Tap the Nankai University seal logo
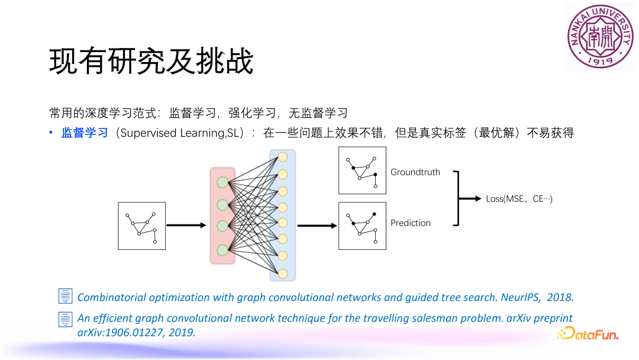coord(599,36)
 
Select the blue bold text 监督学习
coord(85,133)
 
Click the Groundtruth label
coord(415,172)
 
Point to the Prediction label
coord(411,223)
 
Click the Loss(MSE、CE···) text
coord(519,199)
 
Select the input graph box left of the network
coord(142,226)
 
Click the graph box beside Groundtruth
coord(362,171)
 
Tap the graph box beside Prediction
coord(362,226)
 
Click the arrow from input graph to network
coord(187,225)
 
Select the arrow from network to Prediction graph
coord(317,226)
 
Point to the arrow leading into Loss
coord(471,199)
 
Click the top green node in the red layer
coord(222,182)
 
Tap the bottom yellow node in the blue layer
coord(282,274)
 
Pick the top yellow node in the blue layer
coord(282,157)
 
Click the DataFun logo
coord(587,334)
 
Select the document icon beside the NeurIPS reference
coord(65,297)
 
